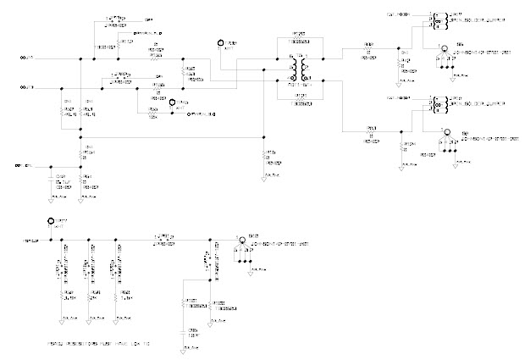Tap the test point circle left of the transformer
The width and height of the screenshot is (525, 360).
click(222, 42)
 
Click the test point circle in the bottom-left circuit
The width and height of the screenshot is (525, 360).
click(50, 222)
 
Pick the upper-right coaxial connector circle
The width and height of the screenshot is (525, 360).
click(441, 49)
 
